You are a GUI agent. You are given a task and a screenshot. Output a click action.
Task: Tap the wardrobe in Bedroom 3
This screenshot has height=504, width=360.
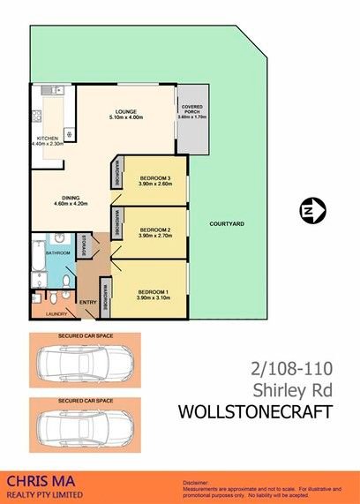pyautogui.click(x=116, y=174)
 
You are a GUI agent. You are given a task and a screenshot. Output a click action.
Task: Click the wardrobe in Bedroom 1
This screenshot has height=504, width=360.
pyautogui.click(x=103, y=295)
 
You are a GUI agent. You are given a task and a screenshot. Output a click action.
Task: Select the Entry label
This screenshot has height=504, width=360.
pyautogui.click(x=87, y=304)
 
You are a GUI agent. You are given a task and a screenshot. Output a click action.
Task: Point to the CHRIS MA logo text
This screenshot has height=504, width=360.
pyautogui.click(x=40, y=480)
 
